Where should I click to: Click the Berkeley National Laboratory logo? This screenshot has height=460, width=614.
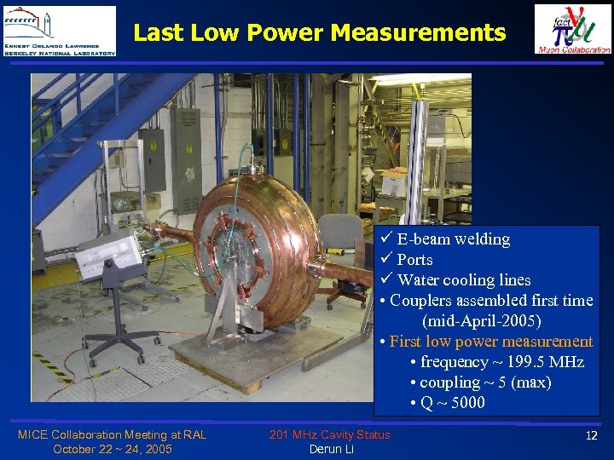point(59,31)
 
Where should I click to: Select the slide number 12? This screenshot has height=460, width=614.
point(591,435)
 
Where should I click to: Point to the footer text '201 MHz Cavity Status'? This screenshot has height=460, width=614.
point(329,434)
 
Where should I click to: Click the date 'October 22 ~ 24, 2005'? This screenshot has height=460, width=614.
point(112,449)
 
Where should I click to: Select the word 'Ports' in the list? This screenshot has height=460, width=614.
point(414,260)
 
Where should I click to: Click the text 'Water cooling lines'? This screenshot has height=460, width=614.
point(464,280)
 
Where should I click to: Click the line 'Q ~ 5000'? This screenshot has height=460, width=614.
point(452,403)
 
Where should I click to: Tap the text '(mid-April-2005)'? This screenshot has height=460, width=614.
point(481,321)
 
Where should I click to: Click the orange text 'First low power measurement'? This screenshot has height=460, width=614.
point(490,342)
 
